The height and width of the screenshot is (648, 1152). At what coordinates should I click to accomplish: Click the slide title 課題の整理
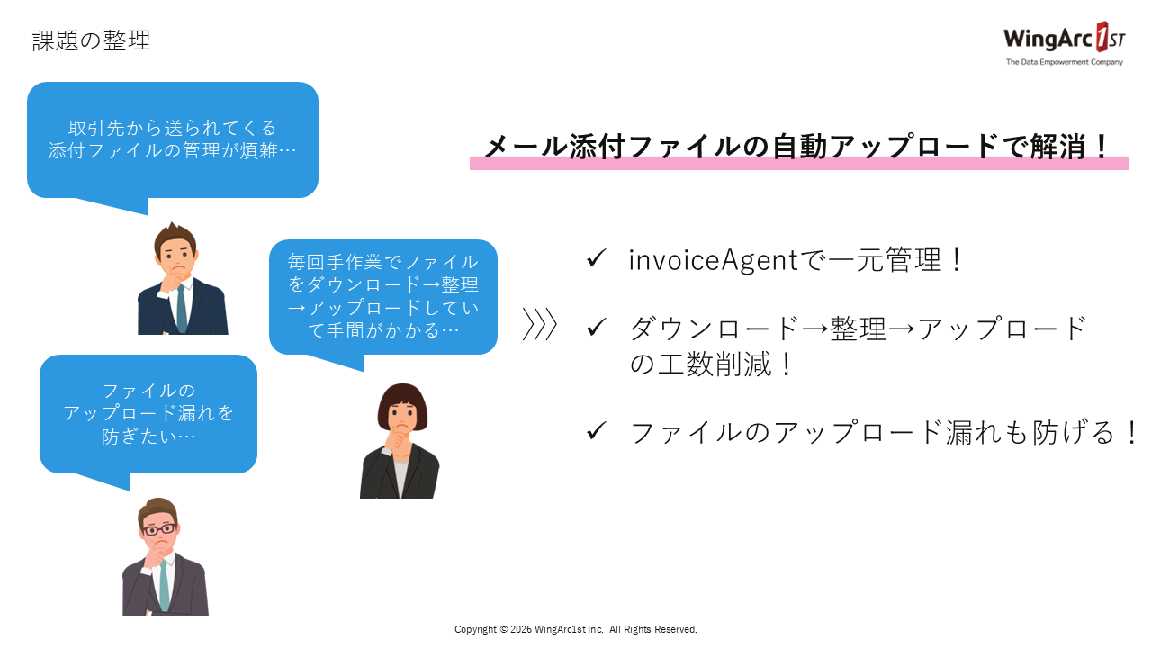tap(91, 40)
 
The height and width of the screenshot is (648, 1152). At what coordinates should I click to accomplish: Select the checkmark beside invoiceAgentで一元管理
tap(596, 259)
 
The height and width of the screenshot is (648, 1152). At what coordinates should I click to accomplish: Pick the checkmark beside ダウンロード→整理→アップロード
tap(596, 328)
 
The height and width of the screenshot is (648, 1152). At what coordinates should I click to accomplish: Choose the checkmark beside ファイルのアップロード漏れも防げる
tap(596, 431)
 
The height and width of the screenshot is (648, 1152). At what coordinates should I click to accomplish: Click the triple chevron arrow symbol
tap(540, 325)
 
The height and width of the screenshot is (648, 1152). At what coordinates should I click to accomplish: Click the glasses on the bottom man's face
tap(157, 529)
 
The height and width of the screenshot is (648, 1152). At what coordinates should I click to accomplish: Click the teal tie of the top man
tap(182, 307)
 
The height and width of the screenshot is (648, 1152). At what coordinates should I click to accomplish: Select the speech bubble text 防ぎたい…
tap(148, 436)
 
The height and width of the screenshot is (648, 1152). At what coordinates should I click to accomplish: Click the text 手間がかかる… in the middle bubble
tap(384, 331)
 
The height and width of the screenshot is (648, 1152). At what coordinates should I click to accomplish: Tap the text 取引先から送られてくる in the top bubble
tap(172, 128)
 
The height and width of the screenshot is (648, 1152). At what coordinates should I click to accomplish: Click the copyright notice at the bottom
tap(576, 629)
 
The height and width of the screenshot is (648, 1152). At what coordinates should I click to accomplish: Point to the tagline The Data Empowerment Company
tap(1064, 62)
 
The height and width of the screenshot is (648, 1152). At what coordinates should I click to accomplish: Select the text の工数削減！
tap(712, 364)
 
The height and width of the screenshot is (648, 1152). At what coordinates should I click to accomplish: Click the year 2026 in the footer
tap(521, 629)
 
